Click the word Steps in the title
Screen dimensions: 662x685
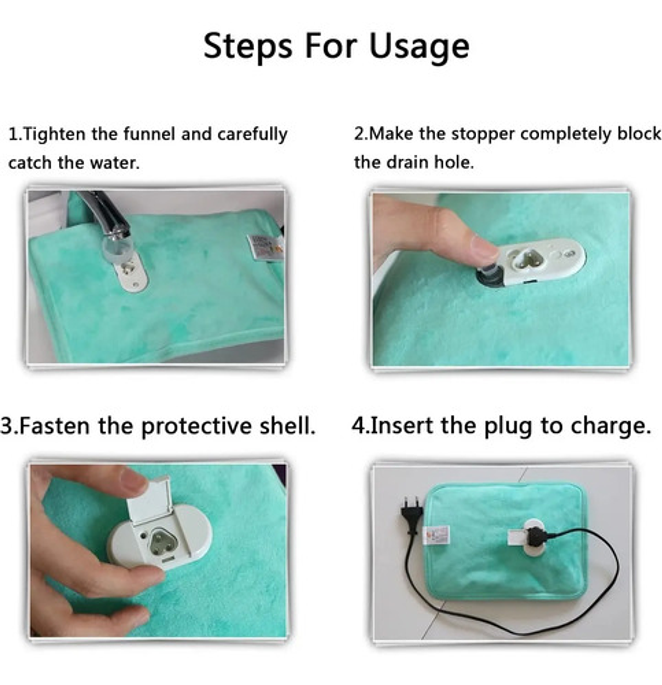(248, 46)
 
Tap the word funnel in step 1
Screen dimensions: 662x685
(149, 134)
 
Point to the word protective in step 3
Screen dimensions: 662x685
(197, 426)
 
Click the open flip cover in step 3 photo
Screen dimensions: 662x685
(148, 501)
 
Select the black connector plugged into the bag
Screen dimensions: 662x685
(536, 536)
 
